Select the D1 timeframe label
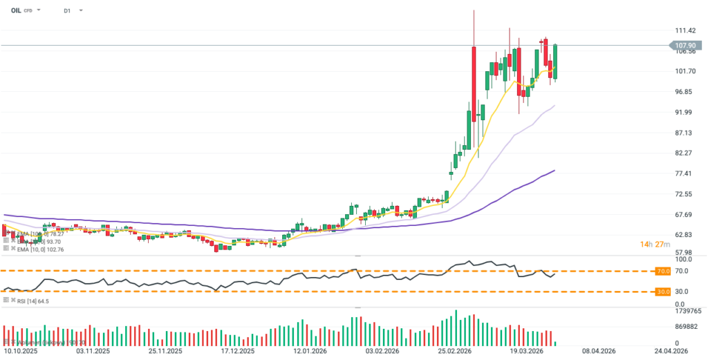[66, 11]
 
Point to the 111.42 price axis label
[684, 31]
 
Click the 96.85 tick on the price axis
[683, 92]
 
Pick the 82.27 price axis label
[683, 153]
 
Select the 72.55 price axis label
[683, 194]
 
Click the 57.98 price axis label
[683, 254]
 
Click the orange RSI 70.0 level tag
[664, 272]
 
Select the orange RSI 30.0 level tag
[664, 292]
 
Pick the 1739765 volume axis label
[688, 312]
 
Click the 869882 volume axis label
[686, 326]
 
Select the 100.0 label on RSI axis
[682, 260]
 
